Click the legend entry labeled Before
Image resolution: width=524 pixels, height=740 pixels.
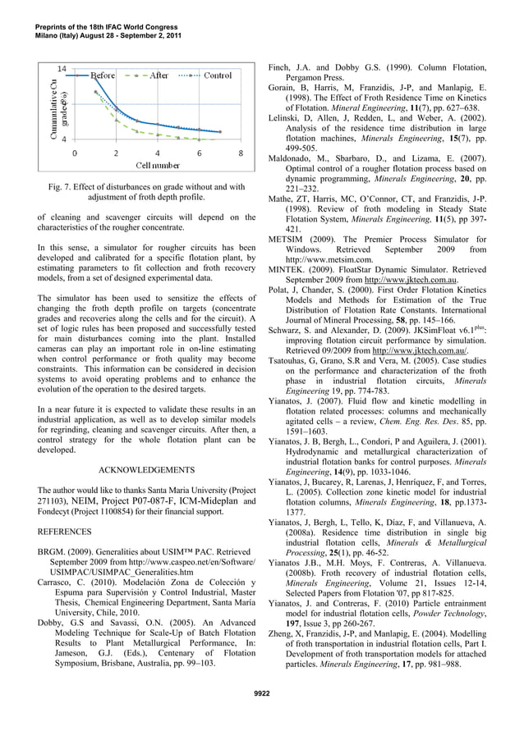[103, 75]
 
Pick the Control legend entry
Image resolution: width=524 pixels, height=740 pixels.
[218, 75]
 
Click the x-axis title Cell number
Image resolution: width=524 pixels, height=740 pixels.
[158, 166]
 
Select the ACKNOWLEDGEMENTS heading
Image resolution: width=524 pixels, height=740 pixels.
[147, 471]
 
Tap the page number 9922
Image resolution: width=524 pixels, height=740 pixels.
[261, 694]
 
